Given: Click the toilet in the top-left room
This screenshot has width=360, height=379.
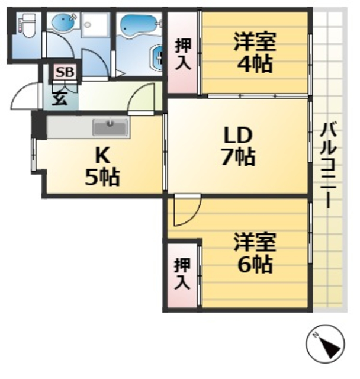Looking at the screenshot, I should click(x=25, y=27).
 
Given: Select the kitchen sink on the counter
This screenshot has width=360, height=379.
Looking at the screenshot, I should click(x=110, y=127).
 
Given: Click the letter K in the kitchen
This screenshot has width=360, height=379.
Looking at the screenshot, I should click(x=102, y=155).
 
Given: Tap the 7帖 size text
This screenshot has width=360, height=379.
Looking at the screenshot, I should click(x=236, y=158).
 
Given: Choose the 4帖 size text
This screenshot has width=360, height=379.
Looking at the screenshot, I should click(x=255, y=63).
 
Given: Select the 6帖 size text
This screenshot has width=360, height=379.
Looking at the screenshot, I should click(x=255, y=264).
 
